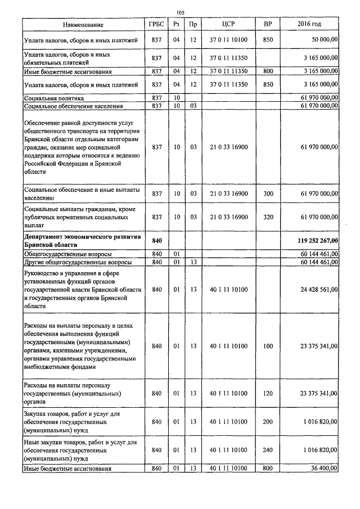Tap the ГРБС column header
click(x=157, y=25)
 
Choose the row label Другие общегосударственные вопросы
click(x=78, y=263)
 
